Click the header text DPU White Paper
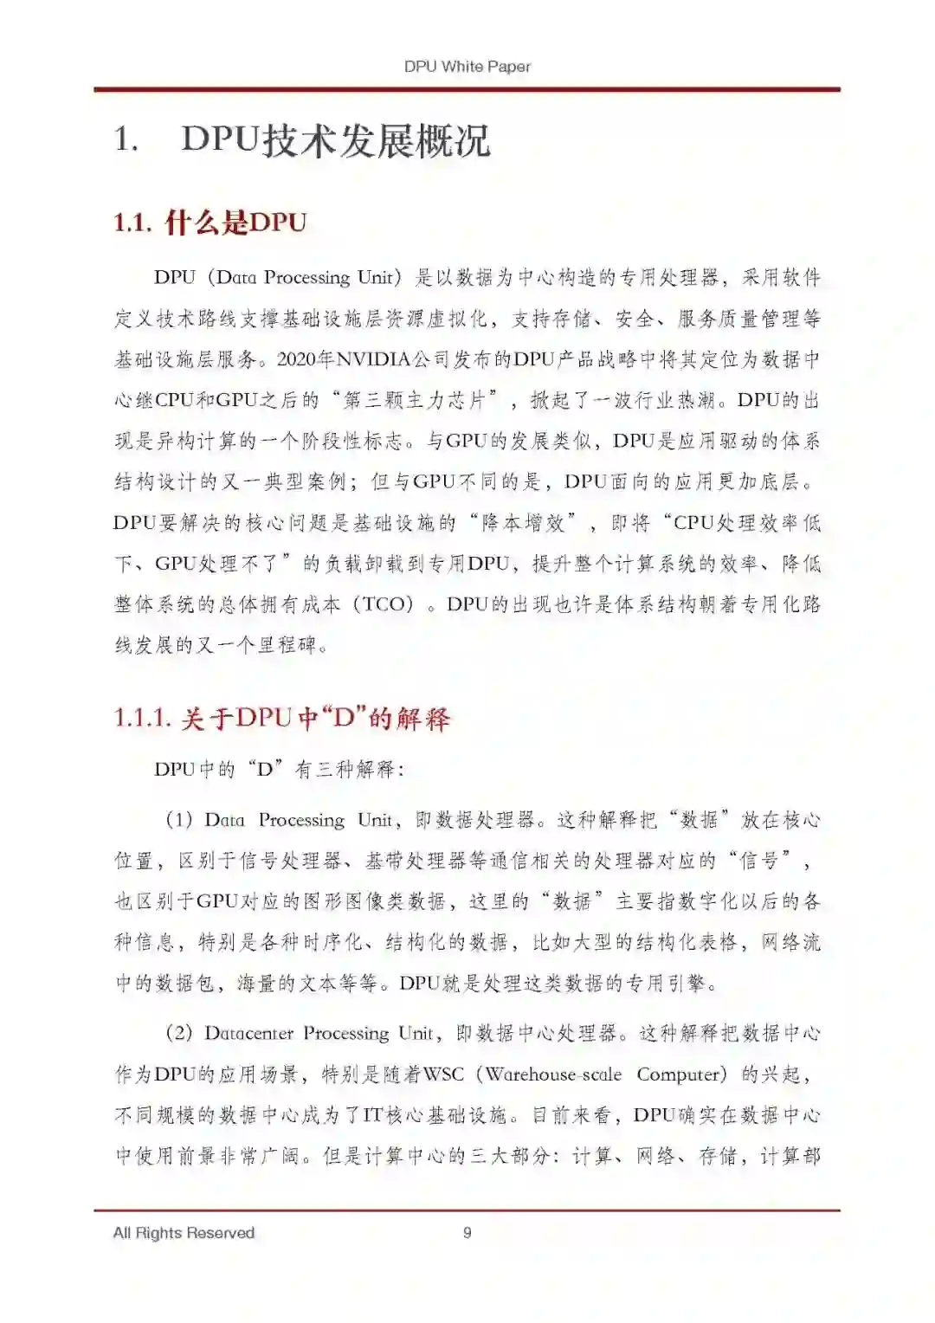pos(467,66)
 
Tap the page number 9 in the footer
pos(467,1232)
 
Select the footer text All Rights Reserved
pos(184,1232)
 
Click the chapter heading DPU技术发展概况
pos(335,141)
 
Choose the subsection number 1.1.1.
pos(142,718)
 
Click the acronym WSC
pos(444,1075)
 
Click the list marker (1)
pos(178,819)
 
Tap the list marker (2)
pos(178,1033)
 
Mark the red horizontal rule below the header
pos(467,89)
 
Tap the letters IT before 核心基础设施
pos(372,1115)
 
